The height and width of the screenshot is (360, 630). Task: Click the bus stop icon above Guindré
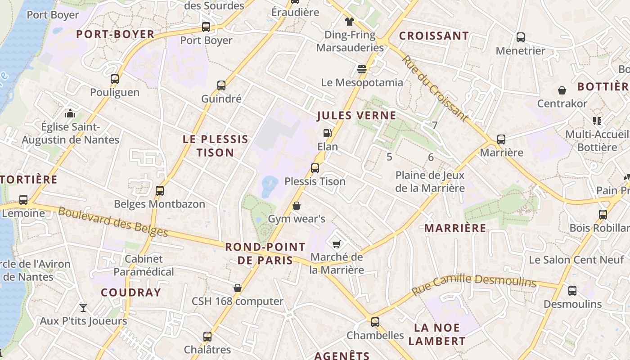point(221,85)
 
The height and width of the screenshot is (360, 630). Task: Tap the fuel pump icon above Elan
point(328,133)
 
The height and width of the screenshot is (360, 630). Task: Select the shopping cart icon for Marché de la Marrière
point(336,244)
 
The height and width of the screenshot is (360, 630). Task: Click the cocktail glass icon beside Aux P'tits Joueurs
point(83,308)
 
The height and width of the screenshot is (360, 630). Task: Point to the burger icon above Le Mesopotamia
point(362,69)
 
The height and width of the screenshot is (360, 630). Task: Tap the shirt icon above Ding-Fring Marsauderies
point(350,21)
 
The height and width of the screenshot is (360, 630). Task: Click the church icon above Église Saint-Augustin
point(70,113)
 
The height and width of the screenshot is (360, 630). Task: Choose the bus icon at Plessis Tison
point(315,168)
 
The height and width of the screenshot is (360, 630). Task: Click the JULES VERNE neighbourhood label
point(357,116)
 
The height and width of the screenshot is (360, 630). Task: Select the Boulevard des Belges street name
point(113,222)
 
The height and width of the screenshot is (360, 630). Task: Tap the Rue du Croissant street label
point(435,89)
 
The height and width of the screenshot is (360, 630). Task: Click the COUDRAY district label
point(131,292)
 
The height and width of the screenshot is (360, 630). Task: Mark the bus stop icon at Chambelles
point(375,322)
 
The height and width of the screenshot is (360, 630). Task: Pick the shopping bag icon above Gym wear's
point(297,206)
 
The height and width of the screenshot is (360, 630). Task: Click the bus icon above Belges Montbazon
point(160,191)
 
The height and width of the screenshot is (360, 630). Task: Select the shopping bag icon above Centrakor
point(562,90)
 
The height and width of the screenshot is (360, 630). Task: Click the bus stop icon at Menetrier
point(521,37)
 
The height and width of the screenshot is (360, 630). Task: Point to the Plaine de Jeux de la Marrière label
point(430,181)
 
